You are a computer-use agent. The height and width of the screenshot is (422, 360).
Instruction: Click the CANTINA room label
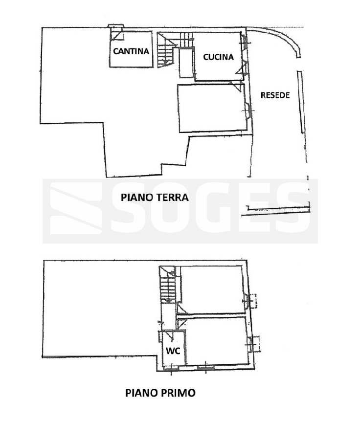tap(131, 51)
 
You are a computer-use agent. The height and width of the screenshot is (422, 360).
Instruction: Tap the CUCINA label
tap(218, 57)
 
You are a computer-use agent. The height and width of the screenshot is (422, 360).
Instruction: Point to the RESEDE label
tap(275, 95)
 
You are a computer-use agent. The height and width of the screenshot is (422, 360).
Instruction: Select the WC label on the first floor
tap(173, 351)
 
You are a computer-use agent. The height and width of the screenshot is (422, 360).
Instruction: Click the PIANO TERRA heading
tap(155, 198)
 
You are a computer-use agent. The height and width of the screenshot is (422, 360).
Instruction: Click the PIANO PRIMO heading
tap(160, 393)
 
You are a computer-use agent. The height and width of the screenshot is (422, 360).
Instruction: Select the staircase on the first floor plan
tap(167, 285)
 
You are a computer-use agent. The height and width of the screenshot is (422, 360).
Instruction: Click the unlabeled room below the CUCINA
tap(212, 108)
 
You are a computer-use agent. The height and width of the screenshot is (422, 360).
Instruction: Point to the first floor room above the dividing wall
tap(213, 289)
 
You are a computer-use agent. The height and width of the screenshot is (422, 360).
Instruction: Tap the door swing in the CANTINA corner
tap(116, 36)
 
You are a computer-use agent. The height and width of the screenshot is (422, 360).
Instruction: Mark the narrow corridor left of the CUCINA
tap(186, 63)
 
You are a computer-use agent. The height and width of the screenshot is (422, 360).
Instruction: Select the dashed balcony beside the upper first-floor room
tap(253, 301)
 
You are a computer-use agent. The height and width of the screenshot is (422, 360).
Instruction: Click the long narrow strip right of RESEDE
tap(301, 102)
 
